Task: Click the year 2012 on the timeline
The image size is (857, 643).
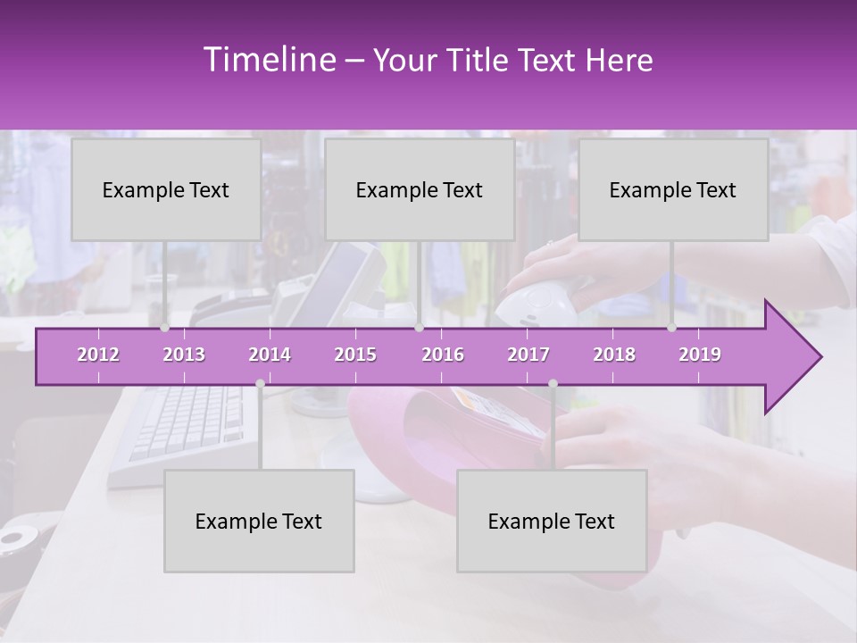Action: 98,355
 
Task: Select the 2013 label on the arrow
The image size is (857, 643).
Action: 184,355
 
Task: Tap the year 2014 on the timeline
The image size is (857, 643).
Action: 270,355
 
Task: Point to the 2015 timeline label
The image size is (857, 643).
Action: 355,355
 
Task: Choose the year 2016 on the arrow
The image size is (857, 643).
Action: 443,355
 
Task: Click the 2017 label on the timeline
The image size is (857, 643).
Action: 528,355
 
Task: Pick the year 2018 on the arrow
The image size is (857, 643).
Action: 614,355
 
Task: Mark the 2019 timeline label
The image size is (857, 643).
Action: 700,355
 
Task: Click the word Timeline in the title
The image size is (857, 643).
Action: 268,60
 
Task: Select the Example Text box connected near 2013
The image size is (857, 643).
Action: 166,189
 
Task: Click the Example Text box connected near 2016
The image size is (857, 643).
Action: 420,189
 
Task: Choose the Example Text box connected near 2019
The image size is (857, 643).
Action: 673,189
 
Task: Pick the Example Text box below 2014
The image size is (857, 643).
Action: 259,521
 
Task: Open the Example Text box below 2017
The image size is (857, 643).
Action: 552,521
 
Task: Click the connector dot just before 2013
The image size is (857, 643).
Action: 164,328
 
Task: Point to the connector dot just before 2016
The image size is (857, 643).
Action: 419,328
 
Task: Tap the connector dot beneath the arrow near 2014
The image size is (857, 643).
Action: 260,383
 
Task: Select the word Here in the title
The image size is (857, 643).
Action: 620,61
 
